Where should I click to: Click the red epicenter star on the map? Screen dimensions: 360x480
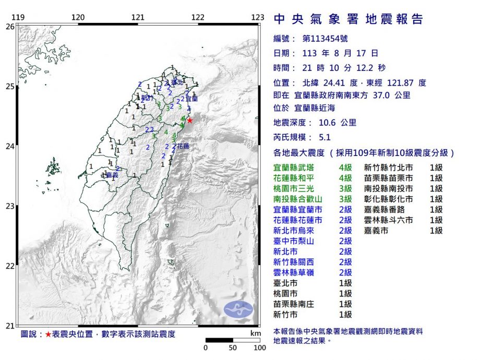(190, 120)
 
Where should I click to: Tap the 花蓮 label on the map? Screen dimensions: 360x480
(183, 147)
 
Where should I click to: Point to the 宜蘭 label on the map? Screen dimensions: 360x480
(192, 98)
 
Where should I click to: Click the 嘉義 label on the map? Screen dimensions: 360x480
(112, 175)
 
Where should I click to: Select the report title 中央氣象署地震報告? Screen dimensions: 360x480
(349, 20)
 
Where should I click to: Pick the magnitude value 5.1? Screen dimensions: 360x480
(325, 138)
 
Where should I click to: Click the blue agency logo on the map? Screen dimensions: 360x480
(238, 309)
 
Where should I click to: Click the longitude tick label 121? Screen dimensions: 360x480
(138, 17)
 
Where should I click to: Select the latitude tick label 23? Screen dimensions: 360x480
(10, 206)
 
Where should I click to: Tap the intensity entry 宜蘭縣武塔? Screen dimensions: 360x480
(294, 167)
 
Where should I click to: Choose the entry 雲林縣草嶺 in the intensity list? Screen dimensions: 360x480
(294, 272)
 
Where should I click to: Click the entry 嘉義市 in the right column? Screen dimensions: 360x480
(376, 231)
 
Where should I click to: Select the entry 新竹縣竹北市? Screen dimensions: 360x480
(389, 167)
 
